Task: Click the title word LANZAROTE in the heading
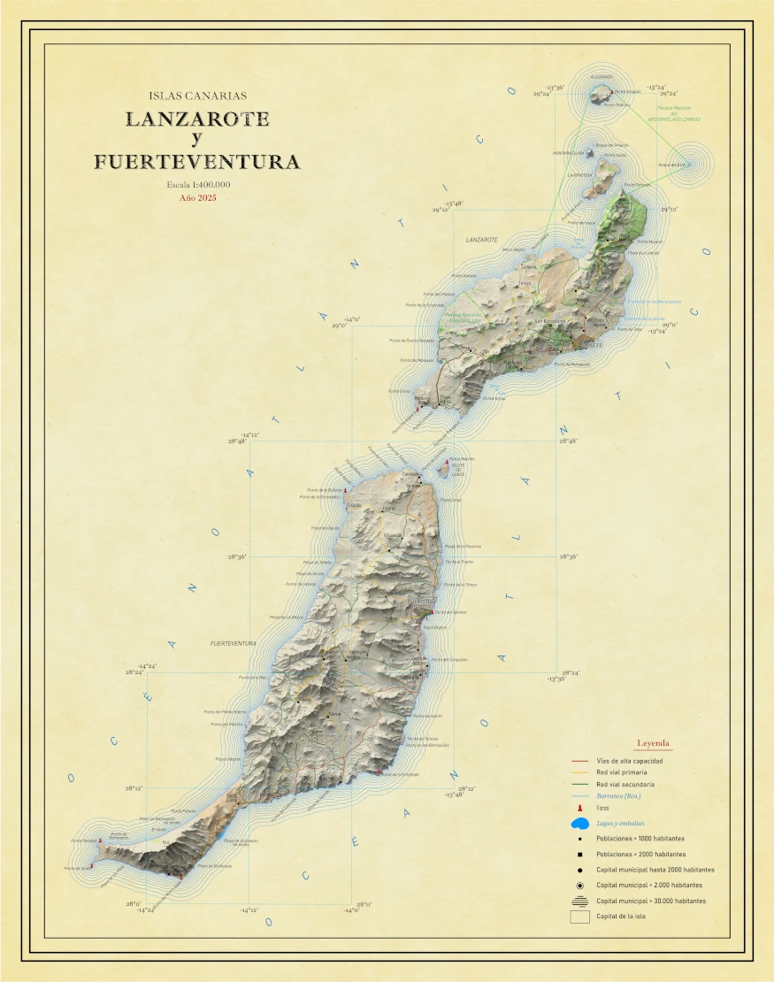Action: pos(197,119)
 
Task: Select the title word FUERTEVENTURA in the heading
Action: pos(197,162)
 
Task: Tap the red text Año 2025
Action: pos(197,198)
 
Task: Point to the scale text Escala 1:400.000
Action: pos(197,184)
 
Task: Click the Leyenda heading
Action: pos(654,743)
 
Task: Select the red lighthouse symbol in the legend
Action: pos(579,809)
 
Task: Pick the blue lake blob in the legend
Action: pos(580,824)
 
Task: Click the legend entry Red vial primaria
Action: pos(626,772)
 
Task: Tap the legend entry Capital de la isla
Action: pos(621,917)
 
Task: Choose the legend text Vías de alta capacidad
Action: pos(629,761)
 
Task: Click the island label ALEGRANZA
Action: pos(601,76)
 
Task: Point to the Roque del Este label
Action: pos(671,165)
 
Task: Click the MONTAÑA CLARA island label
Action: pos(569,152)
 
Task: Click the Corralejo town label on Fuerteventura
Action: pos(411,474)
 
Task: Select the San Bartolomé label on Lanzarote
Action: pos(555,320)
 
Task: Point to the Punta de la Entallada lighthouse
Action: pos(381,773)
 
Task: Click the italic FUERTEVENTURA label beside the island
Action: pos(233,643)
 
